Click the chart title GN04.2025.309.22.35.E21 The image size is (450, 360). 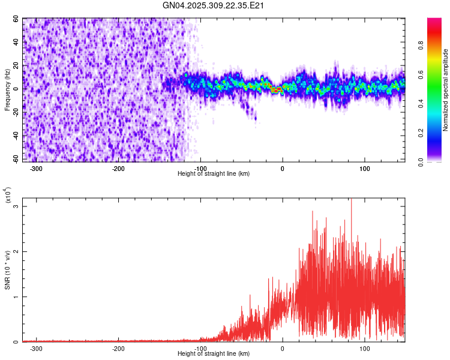point(214,5)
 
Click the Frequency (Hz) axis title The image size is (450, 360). point(7,89)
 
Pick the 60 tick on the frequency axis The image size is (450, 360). point(16,19)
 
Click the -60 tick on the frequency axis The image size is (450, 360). point(15,159)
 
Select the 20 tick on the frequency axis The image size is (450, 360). point(16,65)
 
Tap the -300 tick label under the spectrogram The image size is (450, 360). point(36,168)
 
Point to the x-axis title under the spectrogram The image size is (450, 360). point(214,173)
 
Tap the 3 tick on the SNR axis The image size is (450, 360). point(17,206)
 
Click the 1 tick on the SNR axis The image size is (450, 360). point(17,296)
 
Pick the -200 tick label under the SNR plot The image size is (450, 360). point(118,348)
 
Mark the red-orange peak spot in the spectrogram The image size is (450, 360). point(277,90)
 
